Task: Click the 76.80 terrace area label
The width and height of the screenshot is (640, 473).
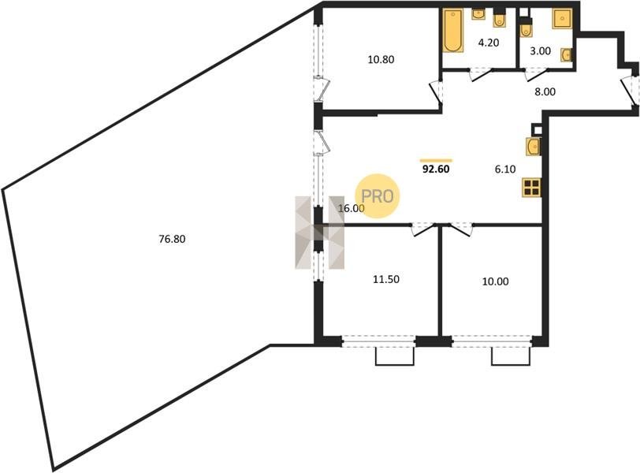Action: (172, 239)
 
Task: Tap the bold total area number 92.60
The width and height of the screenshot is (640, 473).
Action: (436, 169)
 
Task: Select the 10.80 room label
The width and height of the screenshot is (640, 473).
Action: (381, 60)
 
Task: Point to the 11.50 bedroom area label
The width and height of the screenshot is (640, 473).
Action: (386, 280)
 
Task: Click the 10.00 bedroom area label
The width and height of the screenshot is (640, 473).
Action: (496, 281)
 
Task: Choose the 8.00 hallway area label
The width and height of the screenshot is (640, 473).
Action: (545, 91)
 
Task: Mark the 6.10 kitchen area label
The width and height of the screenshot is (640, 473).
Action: (505, 169)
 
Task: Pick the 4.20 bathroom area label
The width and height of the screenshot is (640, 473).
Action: (489, 43)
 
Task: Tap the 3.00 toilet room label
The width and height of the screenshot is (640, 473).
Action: (540, 51)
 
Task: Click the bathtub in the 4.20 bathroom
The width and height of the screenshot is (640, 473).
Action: (453, 31)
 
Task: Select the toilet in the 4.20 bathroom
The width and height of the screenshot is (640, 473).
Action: (499, 18)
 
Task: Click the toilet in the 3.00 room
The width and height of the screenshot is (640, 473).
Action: (526, 28)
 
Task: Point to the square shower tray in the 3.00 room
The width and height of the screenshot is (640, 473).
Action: (563, 19)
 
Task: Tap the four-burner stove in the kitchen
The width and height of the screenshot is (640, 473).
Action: (532, 188)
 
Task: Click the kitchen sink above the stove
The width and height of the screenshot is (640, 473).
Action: (533, 147)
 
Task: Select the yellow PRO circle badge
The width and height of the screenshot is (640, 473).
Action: (377, 196)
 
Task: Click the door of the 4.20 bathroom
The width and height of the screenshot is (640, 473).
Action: (480, 75)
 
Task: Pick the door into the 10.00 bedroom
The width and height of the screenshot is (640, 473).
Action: (460, 229)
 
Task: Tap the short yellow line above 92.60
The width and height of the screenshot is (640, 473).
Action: (436, 160)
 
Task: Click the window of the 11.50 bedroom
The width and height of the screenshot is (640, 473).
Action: (378, 341)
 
